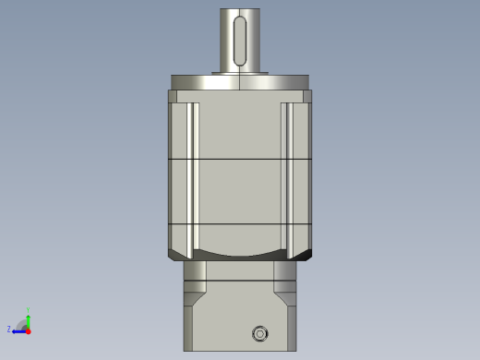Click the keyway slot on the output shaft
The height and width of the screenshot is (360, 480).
click(x=240, y=42)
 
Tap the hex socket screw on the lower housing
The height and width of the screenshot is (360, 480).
click(x=259, y=333)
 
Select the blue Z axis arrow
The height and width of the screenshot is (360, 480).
click(x=18, y=330)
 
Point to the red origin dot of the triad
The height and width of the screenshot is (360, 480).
click(x=28, y=330)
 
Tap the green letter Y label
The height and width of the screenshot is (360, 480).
click(x=28, y=310)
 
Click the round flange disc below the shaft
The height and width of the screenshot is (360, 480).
click(x=240, y=82)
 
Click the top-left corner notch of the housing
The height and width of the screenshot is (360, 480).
click(x=173, y=96)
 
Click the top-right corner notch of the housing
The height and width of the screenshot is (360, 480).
click(x=307, y=96)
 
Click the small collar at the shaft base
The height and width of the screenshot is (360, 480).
click(x=240, y=72)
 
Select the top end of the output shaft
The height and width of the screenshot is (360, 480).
click(x=240, y=11)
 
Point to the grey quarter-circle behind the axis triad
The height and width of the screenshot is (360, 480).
click(x=21, y=323)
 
